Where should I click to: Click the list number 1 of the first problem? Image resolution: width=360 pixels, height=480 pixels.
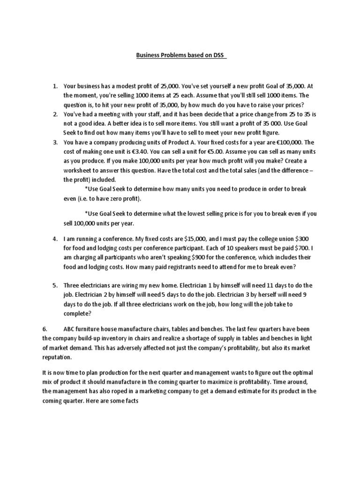(x=54, y=86)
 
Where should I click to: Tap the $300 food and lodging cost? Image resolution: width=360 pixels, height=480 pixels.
(x=307, y=239)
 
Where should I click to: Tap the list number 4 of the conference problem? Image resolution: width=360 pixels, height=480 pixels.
(x=54, y=239)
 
